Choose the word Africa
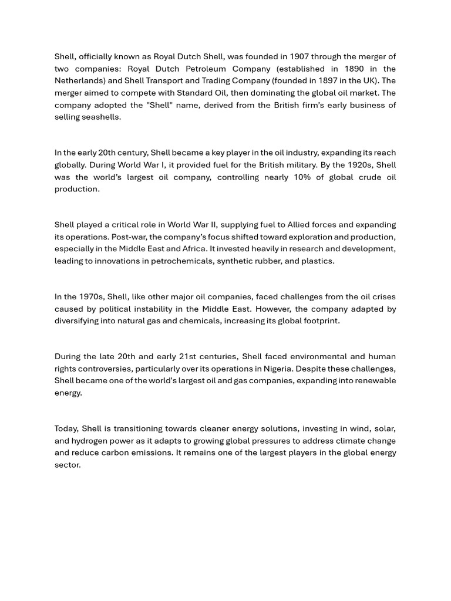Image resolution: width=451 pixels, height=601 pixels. click(x=192, y=249)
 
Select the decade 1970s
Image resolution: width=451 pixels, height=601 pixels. click(x=91, y=297)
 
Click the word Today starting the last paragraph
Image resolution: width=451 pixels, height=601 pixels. click(x=66, y=428)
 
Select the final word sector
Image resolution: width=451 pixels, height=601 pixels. click(x=67, y=465)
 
